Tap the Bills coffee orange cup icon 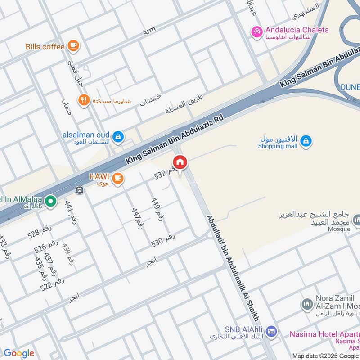(73, 45)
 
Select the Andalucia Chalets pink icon (257, 32)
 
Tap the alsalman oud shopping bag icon (118, 136)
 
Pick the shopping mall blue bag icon (306, 141)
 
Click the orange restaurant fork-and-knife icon (84, 100)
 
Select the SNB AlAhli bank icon (271, 332)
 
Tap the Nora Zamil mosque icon (307, 305)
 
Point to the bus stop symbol (80, 190)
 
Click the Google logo (19, 353)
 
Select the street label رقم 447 (137, 219)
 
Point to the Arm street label (149, 31)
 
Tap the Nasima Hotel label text (324, 334)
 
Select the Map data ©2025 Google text (325, 355)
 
